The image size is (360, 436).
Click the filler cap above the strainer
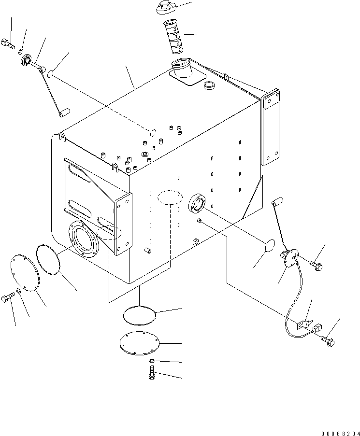pos(166,8)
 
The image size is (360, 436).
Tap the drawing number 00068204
pos(340,433)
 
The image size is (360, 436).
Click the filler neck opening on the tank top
pos(181,68)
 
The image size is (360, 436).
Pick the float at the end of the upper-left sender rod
pos(64,113)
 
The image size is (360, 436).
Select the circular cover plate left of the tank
pos(25,274)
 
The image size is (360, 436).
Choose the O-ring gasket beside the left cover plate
pos(48,259)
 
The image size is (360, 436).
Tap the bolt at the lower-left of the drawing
pos(8,297)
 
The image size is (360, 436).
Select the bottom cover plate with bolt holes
pos(139,343)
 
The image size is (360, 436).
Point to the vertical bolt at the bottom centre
pos(151,373)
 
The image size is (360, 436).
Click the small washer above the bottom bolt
pos(151,361)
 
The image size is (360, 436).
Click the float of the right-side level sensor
pos(277,201)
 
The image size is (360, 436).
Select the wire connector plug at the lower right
pos(317,328)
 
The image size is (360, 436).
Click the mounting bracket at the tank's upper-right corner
pos(271,127)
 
